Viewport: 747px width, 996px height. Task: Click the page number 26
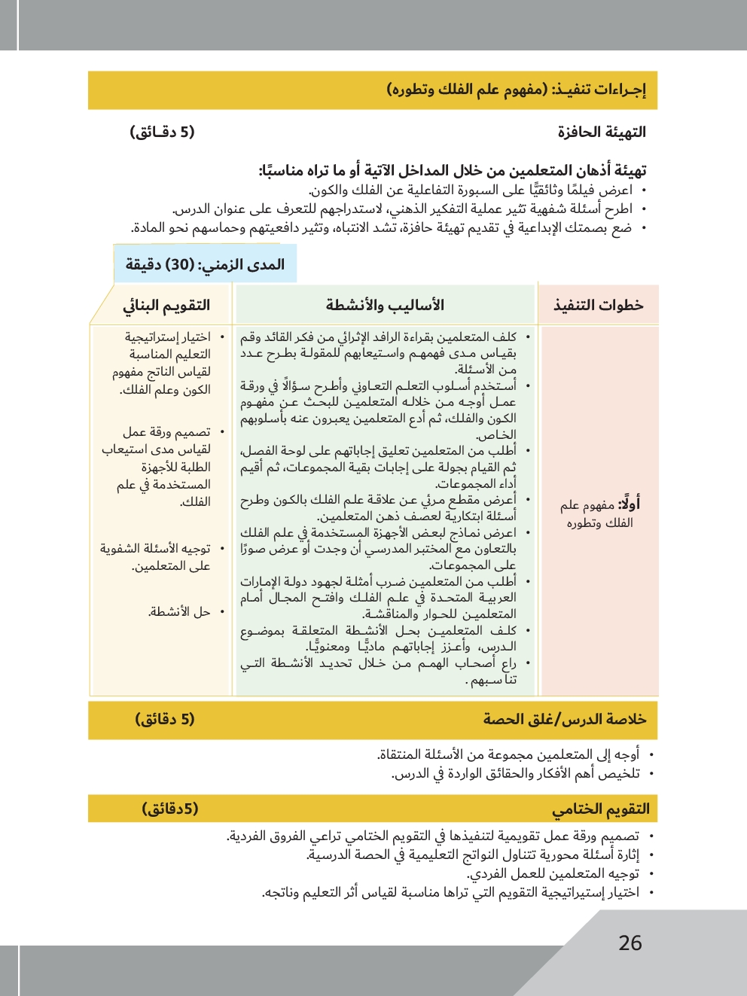click(630, 943)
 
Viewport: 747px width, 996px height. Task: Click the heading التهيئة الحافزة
click(602, 132)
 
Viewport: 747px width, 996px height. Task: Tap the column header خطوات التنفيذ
click(599, 305)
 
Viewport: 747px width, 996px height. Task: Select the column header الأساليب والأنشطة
click(385, 305)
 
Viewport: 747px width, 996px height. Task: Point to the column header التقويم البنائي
click(166, 305)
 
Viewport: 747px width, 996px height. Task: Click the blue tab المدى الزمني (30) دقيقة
click(205, 264)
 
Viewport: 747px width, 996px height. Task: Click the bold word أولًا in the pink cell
click(629, 505)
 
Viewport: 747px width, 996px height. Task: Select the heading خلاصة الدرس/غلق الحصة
click(565, 719)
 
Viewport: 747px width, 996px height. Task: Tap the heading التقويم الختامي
click(601, 809)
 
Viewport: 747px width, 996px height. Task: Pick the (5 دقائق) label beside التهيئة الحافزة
click(162, 132)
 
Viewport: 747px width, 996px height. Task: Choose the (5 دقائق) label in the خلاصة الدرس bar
click(165, 719)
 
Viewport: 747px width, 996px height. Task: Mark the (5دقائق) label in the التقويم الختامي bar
click(170, 809)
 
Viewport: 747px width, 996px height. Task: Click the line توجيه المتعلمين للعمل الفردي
click(553, 873)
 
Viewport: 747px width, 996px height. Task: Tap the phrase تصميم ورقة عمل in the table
click(166, 432)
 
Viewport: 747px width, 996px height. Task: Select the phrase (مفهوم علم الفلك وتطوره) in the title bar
click(467, 90)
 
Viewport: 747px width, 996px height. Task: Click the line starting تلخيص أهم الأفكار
click(517, 773)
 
